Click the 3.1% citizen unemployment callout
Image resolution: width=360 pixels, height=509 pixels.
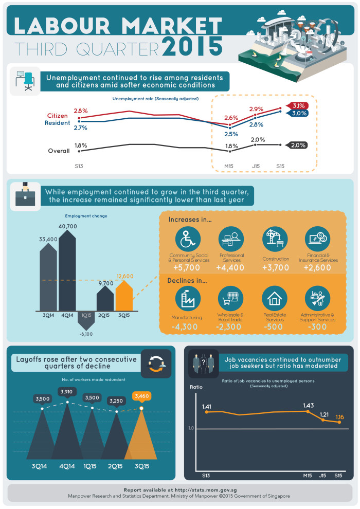click(x=297, y=106)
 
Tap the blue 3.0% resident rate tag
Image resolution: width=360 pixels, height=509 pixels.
click(x=297, y=113)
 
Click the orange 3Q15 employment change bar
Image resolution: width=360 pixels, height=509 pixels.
click(x=124, y=295)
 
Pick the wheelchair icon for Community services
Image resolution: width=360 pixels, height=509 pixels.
click(x=188, y=239)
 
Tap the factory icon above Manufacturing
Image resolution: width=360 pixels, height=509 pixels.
click(x=188, y=298)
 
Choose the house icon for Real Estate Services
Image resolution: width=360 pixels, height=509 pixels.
click(x=275, y=298)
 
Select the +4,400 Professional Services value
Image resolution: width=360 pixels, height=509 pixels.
click(x=230, y=268)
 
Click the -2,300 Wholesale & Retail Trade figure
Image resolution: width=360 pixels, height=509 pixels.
click(x=228, y=327)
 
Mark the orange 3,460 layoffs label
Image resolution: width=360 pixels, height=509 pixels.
click(x=142, y=396)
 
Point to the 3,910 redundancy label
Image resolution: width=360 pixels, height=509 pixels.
click(x=66, y=392)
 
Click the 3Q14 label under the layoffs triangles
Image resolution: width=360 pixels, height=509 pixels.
click(x=39, y=466)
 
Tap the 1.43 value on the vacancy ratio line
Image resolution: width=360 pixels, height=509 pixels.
click(x=309, y=406)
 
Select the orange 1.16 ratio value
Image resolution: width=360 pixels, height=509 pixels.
click(x=339, y=417)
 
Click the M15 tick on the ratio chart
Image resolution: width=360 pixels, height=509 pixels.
click(x=308, y=476)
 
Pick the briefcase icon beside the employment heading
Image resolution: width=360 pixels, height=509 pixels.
click(x=25, y=195)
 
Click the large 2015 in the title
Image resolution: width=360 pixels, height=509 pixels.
click(x=192, y=46)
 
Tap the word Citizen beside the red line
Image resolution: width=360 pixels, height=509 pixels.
click(x=58, y=116)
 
